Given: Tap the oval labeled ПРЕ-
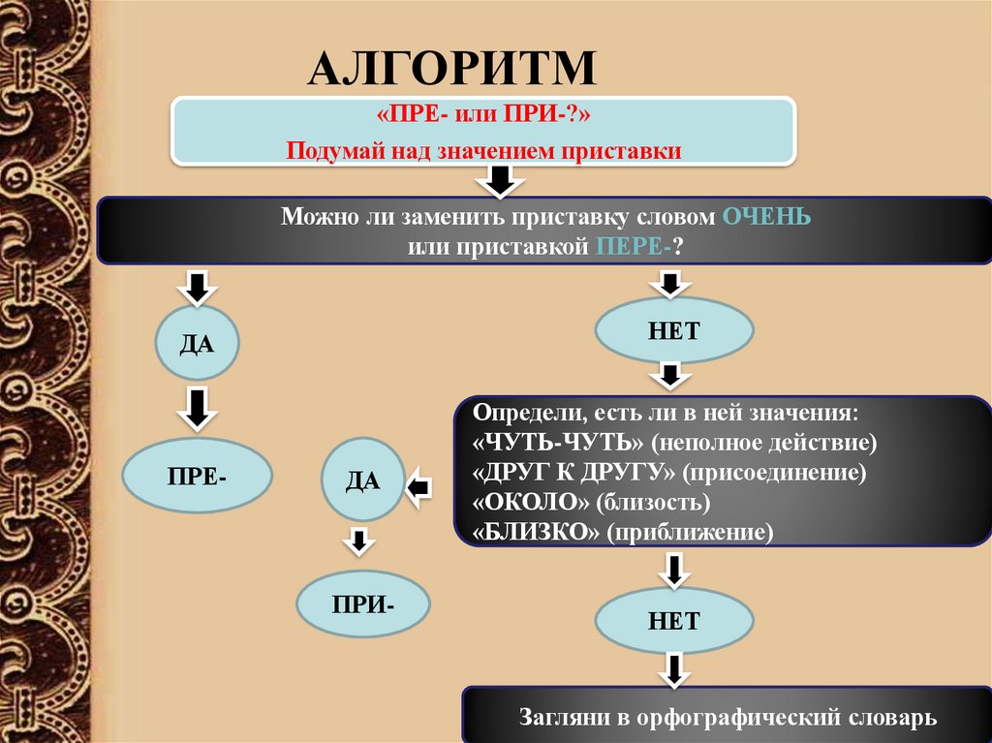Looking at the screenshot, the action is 198,477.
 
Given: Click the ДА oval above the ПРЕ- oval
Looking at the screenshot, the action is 197,344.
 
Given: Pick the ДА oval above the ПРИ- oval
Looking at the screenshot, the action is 362,480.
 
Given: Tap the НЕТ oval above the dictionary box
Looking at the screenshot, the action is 673,621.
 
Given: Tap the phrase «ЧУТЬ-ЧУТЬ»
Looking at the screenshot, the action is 559,443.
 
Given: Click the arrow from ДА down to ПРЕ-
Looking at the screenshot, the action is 197,408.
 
